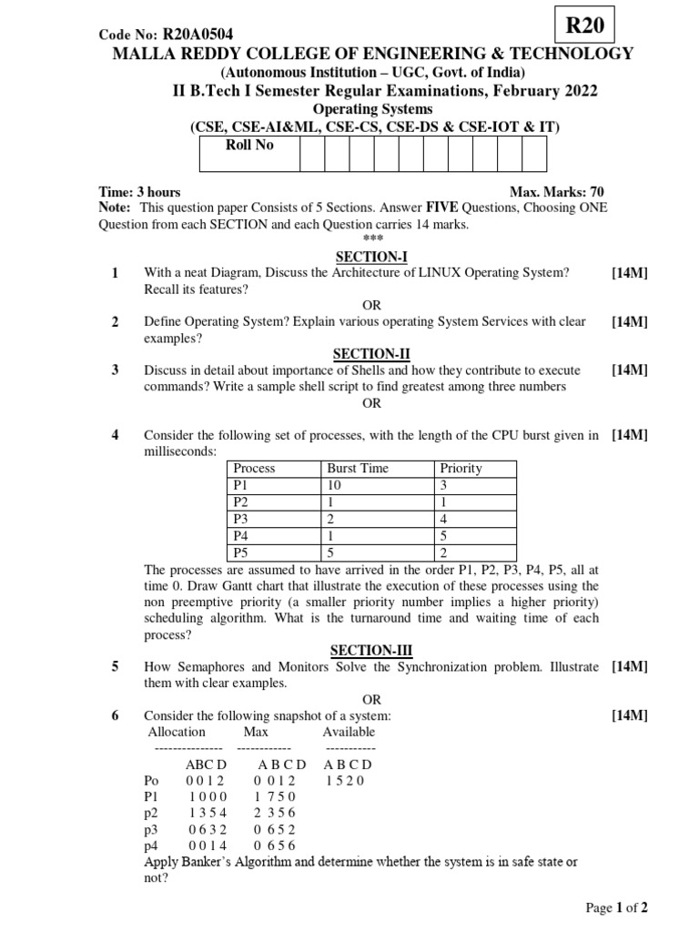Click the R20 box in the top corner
click(x=584, y=25)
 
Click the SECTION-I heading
click(x=370, y=258)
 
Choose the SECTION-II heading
click(x=370, y=353)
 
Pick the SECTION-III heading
click(x=370, y=650)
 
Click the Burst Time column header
click(x=358, y=469)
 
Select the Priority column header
click(x=461, y=469)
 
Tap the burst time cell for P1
click(x=335, y=485)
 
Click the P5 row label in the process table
click(x=240, y=552)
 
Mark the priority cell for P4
click(x=444, y=535)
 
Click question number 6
click(x=116, y=716)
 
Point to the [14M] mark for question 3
click(x=630, y=370)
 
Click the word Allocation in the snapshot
click(x=177, y=732)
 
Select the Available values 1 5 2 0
click(x=345, y=781)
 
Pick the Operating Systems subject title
click(x=373, y=109)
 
